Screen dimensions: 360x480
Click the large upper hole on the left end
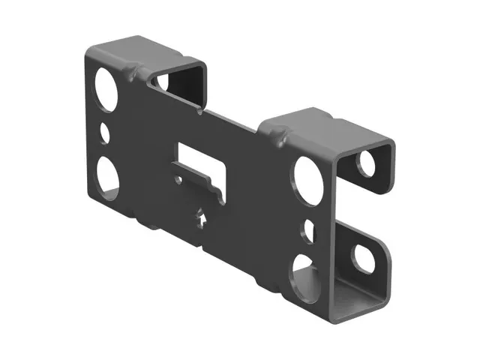[105, 89]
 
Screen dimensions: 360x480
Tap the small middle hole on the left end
[105, 133]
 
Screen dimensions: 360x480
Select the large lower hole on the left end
[107, 175]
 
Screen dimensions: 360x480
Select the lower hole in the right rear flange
[364, 257]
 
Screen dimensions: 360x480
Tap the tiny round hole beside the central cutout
[176, 180]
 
